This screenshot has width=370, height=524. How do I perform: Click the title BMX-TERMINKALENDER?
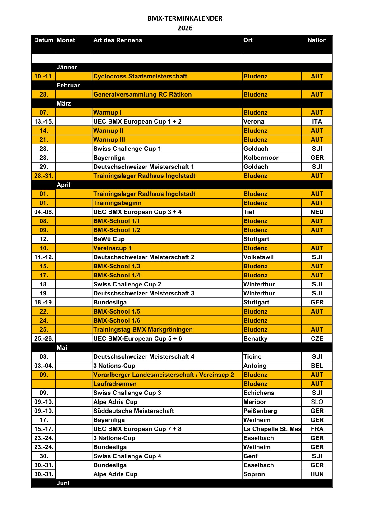(x=185, y=18)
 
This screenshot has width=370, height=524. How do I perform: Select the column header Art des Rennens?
(x=118, y=40)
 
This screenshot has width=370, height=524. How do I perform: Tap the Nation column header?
(x=317, y=40)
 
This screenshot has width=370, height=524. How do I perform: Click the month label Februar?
(x=68, y=85)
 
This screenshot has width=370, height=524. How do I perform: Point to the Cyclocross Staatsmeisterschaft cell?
(x=140, y=76)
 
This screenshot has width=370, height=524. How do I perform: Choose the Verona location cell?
(x=254, y=121)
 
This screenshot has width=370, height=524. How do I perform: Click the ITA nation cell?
(x=317, y=121)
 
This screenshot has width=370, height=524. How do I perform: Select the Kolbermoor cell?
(x=261, y=158)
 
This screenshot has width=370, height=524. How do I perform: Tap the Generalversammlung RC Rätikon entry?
(x=142, y=94)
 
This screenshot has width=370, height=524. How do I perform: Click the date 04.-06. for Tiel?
(x=44, y=212)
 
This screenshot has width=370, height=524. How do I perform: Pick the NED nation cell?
(x=317, y=212)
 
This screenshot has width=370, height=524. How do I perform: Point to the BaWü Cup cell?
(x=109, y=239)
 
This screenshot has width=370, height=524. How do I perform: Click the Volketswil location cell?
(x=258, y=257)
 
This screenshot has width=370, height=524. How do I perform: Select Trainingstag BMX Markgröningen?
(x=143, y=329)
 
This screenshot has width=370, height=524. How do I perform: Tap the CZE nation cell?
(x=317, y=338)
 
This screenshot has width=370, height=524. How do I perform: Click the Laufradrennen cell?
(x=115, y=384)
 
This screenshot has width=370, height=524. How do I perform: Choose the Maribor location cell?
(x=255, y=402)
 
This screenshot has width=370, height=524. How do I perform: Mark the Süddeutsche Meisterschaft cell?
(x=133, y=411)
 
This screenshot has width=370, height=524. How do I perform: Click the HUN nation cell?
(x=317, y=474)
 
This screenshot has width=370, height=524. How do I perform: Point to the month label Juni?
(x=63, y=483)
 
